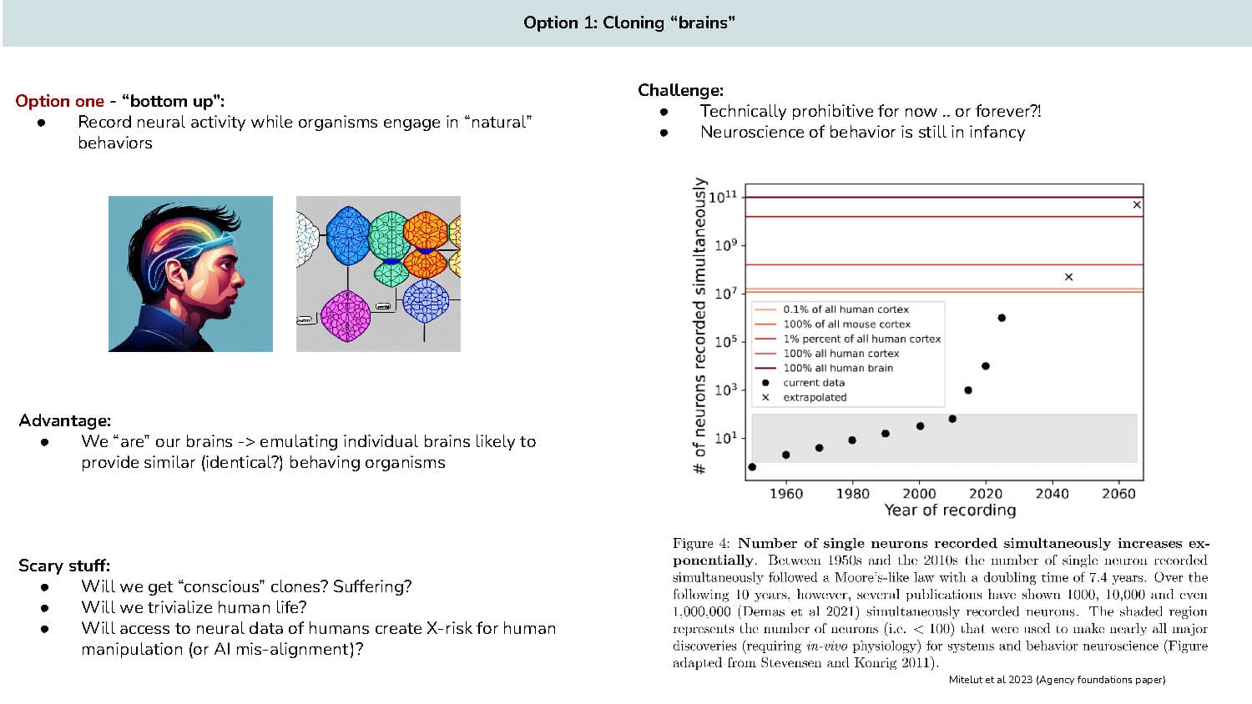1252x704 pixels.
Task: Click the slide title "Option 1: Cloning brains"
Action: (629, 23)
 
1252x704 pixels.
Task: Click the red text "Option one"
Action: (59, 101)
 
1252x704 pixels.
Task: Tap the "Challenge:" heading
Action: (680, 90)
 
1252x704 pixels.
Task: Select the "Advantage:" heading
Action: (64, 420)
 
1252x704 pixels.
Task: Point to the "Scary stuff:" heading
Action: (64, 566)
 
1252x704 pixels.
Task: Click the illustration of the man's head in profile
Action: (190, 274)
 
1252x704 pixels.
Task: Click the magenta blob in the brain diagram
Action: (345, 315)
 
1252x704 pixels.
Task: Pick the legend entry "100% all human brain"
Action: (837, 368)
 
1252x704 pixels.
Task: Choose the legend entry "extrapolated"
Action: (814, 397)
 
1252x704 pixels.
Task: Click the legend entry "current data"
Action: (813, 383)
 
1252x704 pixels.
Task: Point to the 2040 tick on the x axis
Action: (1052, 493)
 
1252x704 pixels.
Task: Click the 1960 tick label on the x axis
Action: (785, 493)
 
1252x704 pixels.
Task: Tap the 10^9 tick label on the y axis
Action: (725, 245)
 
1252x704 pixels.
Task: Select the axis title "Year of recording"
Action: (950, 510)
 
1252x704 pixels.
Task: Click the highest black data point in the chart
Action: (1002, 318)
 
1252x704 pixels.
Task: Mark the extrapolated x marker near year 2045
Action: (1068, 277)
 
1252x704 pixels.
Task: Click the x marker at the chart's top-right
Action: (1137, 204)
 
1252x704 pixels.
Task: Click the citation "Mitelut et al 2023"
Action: (991, 680)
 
